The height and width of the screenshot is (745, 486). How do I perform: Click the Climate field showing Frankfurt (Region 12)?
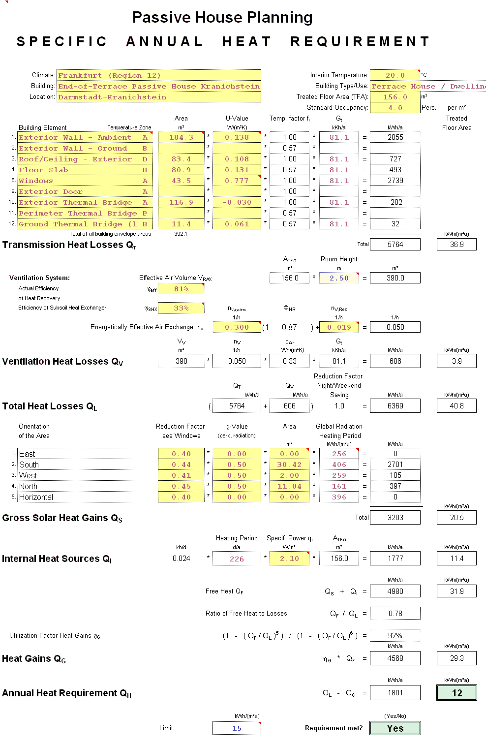(x=158, y=75)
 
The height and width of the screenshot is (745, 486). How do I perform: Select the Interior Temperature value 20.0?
(x=395, y=75)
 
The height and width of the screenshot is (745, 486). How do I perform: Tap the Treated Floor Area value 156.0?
(x=395, y=97)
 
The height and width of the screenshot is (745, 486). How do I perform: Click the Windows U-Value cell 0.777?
(x=237, y=181)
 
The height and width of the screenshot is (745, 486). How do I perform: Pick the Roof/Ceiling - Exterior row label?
(x=77, y=159)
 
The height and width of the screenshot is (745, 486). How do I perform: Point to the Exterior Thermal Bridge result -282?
(x=395, y=202)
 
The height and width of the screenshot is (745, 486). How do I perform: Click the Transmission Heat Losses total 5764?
(x=395, y=244)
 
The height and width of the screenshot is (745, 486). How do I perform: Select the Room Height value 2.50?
(x=339, y=278)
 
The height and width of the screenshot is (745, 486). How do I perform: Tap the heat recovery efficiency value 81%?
(x=181, y=289)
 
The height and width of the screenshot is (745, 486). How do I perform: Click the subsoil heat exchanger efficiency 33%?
(x=181, y=308)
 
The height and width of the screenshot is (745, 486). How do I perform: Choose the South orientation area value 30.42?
(x=289, y=465)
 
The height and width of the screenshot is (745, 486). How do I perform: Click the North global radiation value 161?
(x=339, y=486)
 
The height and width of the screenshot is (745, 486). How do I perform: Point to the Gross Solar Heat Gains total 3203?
(x=395, y=517)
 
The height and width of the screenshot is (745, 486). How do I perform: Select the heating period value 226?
(x=237, y=559)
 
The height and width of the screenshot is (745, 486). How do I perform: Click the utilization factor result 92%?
(x=395, y=635)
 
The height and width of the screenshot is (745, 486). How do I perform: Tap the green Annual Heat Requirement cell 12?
(x=456, y=693)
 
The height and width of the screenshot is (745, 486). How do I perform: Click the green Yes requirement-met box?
(x=395, y=728)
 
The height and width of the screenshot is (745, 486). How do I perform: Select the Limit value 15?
(x=237, y=728)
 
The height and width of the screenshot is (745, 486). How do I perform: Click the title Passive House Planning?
(x=222, y=18)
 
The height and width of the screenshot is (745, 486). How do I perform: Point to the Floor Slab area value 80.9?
(x=181, y=170)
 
